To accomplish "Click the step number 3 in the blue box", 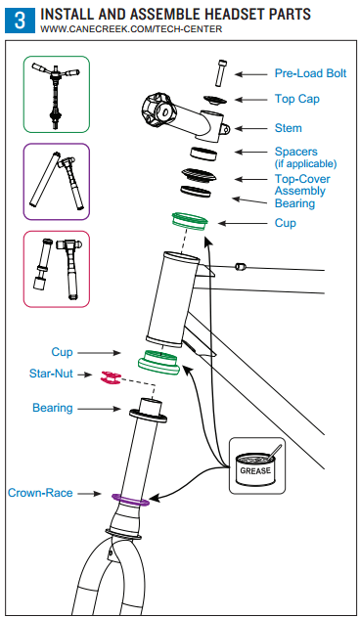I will click(x=20, y=22).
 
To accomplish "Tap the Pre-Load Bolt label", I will click(x=308, y=73).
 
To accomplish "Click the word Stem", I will click(x=289, y=128).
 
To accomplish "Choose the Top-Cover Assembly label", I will click(x=301, y=185).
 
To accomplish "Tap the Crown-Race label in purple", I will click(x=41, y=493).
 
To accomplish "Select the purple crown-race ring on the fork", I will click(x=130, y=499).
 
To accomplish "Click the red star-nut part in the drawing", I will click(x=110, y=376).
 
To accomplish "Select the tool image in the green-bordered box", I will click(x=56, y=94).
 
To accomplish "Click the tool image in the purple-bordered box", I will click(x=56, y=182).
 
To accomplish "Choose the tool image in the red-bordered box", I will click(x=56, y=269).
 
